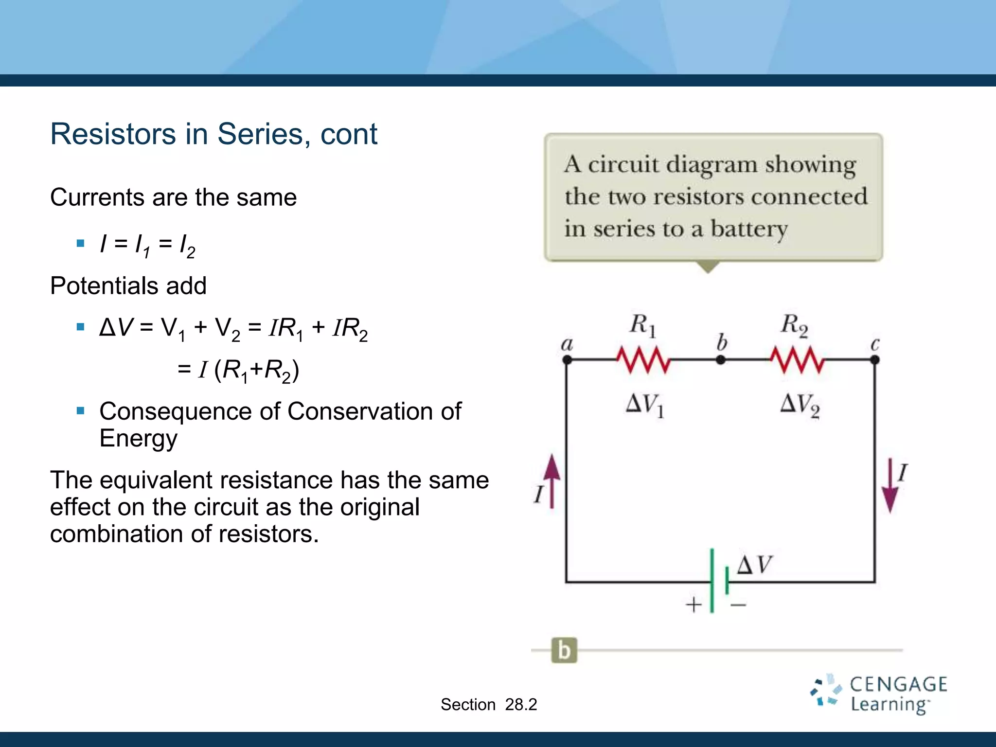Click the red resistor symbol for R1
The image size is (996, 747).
[x=643, y=360]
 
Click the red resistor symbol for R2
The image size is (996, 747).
[x=798, y=360]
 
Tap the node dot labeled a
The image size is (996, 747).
[x=567, y=360]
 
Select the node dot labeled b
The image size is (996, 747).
[x=721, y=360]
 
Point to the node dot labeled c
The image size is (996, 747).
[x=874, y=360]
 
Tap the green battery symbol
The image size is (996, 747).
[x=718, y=581]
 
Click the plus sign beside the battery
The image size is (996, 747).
[x=694, y=605]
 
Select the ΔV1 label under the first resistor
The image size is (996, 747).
[x=645, y=405]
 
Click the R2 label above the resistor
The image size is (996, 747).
[x=794, y=325]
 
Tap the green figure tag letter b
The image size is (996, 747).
[x=564, y=650]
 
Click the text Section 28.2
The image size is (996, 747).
[x=489, y=704]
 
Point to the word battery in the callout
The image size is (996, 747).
[x=749, y=229]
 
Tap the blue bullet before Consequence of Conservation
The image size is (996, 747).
[x=81, y=411]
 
